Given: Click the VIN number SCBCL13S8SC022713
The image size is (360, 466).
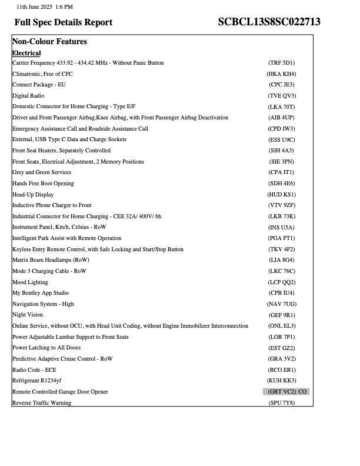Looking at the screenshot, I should [269, 22].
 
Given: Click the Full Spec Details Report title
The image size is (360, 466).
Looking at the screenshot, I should [64, 22].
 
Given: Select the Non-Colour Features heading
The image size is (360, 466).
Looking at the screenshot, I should [49, 42].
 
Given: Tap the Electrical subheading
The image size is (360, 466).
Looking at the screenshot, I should [26, 53].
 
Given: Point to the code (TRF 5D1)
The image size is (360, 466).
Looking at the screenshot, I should [281, 63].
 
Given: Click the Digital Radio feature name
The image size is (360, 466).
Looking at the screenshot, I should [28, 96].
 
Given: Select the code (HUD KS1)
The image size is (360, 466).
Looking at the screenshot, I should [281, 195].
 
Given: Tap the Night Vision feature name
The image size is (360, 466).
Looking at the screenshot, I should [28, 315].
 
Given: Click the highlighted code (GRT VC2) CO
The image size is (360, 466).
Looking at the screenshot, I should [286, 392].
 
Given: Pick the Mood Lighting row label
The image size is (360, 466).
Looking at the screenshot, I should [30, 282].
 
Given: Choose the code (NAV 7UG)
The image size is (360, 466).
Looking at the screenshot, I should [281, 304].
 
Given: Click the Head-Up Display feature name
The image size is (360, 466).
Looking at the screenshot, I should [33, 195].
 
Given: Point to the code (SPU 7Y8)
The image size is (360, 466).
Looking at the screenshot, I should [281, 403].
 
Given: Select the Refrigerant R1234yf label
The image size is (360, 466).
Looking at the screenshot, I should [36, 381].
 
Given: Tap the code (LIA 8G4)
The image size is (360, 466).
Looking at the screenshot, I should [281, 260].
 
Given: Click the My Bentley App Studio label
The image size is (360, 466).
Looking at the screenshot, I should [41, 293].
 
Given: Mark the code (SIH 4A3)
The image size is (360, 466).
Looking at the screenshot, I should [281, 151].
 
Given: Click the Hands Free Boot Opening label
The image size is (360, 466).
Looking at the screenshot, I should [43, 184].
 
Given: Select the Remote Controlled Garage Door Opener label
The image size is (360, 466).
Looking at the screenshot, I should [60, 392].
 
